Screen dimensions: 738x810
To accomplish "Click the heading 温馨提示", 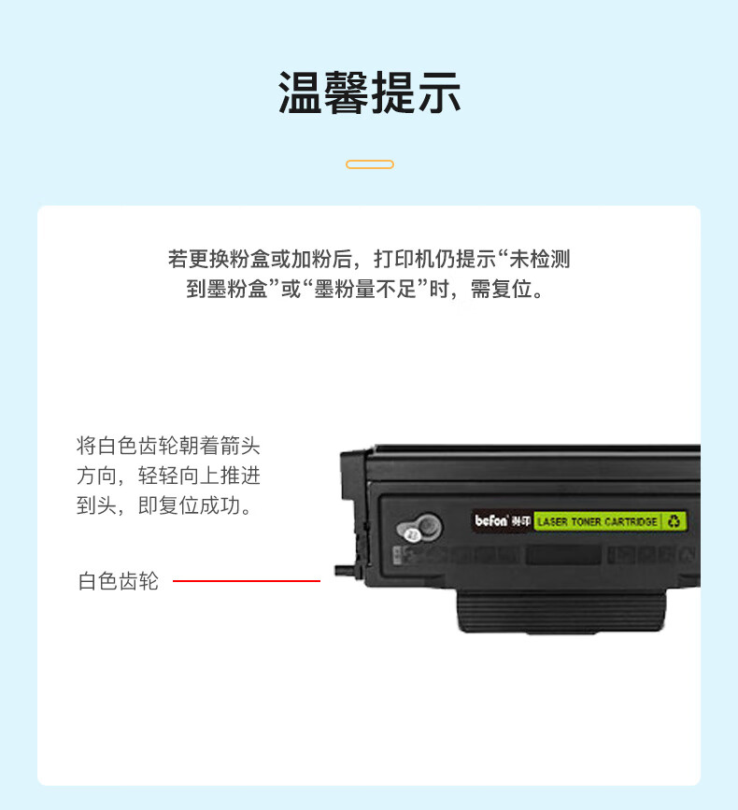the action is pyautogui.click(x=369, y=92).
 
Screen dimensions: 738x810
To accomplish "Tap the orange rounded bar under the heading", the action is pyautogui.click(x=370, y=164).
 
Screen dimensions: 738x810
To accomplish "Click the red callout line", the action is pyautogui.click(x=247, y=580).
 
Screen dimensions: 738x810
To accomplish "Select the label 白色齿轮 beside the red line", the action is pyautogui.click(x=119, y=581).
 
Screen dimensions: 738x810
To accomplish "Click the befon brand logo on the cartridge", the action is pyautogui.click(x=491, y=520).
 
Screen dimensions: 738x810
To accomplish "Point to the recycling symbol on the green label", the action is pyautogui.click(x=674, y=521).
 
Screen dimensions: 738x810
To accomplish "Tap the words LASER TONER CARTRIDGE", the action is pyautogui.click(x=597, y=521).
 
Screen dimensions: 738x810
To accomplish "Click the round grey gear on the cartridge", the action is pyautogui.click(x=419, y=528).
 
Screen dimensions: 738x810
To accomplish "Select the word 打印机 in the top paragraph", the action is pyautogui.click(x=404, y=259).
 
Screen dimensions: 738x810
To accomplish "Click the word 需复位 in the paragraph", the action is pyautogui.click(x=501, y=289).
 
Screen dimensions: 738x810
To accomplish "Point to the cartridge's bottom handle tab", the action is pyautogui.click(x=561, y=612).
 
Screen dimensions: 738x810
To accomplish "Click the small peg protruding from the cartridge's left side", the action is pyautogui.click(x=345, y=570).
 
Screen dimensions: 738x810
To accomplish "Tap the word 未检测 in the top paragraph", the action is pyautogui.click(x=540, y=259).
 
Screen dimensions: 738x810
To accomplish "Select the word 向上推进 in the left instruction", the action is pyautogui.click(x=220, y=476).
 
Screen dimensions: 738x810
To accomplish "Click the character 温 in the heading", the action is pyautogui.click(x=301, y=92).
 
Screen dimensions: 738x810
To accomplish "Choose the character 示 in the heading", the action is pyautogui.click(x=439, y=92).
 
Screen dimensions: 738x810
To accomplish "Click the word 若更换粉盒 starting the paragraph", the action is pyautogui.click(x=219, y=259).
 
